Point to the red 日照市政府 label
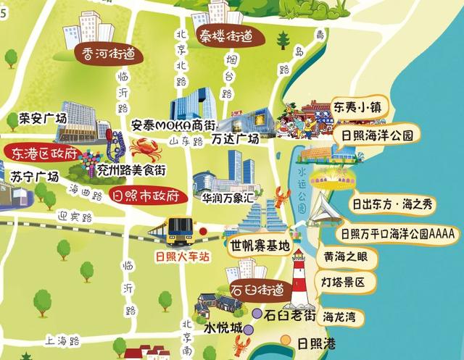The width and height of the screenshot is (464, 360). [146, 196]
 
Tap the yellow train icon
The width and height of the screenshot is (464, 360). [175, 230]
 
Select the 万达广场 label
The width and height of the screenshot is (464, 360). [236, 138]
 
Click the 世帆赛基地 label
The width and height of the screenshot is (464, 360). [260, 244]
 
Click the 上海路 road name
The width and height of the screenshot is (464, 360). [62, 339]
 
